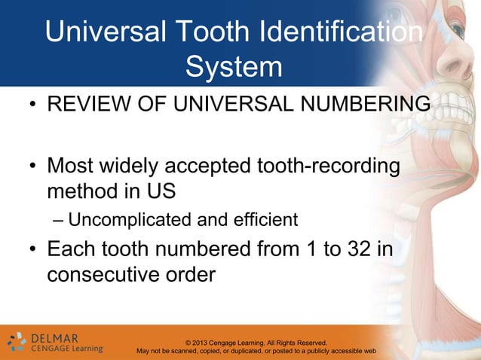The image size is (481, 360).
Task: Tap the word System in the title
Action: pyautogui.click(x=234, y=68)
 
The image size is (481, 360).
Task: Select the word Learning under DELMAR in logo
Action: pyautogui.click(x=83, y=349)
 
